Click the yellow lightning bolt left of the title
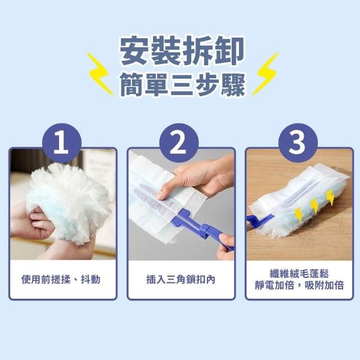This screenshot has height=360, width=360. (100, 74)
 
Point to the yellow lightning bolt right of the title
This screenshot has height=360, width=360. (265, 74)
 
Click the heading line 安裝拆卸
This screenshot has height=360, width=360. (182, 51)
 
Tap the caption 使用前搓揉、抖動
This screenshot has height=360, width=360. (61, 280)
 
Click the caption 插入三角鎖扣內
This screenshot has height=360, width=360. (181, 280)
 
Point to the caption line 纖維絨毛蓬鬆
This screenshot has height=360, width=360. (299, 274)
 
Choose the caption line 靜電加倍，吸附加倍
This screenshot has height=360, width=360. (299, 285)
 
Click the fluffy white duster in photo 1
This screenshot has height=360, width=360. (69, 202)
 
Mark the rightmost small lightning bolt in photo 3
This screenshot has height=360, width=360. (330, 197)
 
